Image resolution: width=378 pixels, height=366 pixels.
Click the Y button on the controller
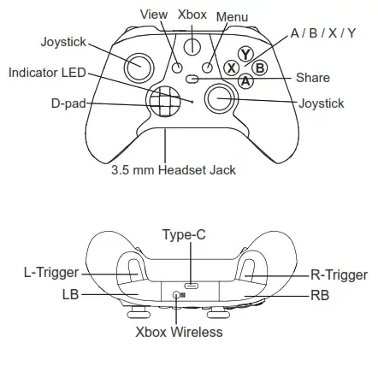coord(245,54)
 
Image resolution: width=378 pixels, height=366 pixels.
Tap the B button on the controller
coord(260,68)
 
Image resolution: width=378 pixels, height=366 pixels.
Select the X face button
coord(231,68)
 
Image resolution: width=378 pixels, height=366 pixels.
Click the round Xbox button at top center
coord(192,46)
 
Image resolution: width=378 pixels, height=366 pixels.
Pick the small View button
coord(177,68)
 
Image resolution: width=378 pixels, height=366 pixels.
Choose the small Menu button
coord(207,68)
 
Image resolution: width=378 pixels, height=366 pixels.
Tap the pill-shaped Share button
coord(192,79)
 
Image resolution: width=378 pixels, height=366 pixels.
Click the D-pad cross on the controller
coord(163,101)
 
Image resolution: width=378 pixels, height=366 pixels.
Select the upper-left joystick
coord(139,68)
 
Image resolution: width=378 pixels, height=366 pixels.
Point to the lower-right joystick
coord(221,98)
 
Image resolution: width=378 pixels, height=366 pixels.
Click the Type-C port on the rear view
coord(191,285)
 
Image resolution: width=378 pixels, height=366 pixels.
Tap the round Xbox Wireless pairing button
coord(176,295)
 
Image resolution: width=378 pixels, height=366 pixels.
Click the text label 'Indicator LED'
coord(47,73)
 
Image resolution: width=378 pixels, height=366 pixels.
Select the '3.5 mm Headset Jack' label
coord(174,170)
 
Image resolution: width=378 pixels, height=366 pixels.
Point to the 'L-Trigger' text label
coord(51,273)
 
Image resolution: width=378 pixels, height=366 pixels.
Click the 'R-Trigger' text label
coord(339,275)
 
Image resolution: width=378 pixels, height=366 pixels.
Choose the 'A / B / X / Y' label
coord(323,33)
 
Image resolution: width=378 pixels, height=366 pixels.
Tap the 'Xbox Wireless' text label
coord(179,332)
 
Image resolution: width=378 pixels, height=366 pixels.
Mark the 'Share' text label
coord(313,78)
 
